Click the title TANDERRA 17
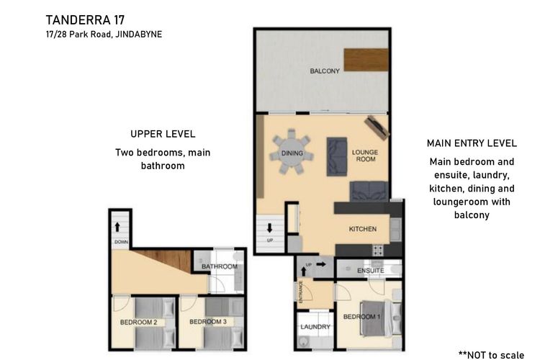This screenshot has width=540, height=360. click(85, 20)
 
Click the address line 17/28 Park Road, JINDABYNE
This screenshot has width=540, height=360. click(104, 35)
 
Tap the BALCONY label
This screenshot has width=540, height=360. click(325, 71)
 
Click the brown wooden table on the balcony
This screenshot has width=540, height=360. click(366, 60)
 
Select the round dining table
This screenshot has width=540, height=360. click(292, 153)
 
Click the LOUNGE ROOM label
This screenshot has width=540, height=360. click(365, 156)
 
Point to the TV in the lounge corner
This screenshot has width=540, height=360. click(377, 127)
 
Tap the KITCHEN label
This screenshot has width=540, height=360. click(363, 229)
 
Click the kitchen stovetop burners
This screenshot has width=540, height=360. click(378, 250)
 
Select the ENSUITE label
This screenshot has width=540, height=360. click(371, 271)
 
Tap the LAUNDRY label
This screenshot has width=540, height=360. click(315, 327)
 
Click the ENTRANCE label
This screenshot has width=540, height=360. click(301, 292)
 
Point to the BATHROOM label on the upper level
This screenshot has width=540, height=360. click(220, 266)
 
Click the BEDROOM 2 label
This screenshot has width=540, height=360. click(138, 323)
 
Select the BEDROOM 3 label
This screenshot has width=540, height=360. click(208, 322)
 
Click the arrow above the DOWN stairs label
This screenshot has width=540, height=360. click(117, 227)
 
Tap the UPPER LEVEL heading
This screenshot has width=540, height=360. click(163, 134)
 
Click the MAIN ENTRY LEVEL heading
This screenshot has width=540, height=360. click(472, 143)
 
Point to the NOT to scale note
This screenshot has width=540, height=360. click(492, 355)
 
